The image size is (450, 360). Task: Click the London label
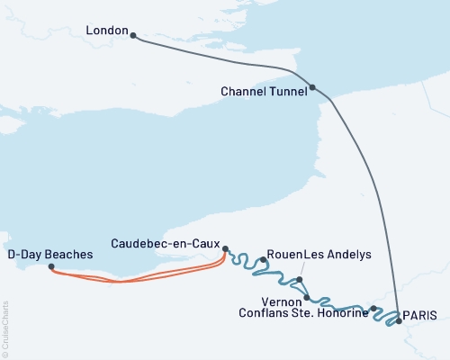tap(106, 31)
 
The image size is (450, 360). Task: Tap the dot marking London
tap(133, 36)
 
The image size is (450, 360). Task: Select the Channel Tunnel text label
tap(262, 92)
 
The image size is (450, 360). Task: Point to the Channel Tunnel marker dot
tap(312, 87)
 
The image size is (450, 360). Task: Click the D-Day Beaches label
tap(49, 255)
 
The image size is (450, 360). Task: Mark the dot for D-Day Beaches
tap(50, 266)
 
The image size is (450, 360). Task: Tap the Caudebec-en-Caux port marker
tap(225, 249)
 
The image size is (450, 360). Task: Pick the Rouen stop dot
tap(262, 260)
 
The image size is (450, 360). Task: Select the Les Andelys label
tap(337, 255)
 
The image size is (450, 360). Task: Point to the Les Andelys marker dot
tap(300, 279)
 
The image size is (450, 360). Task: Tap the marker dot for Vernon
tap(307, 297)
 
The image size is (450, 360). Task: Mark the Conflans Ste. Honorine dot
tap(373, 309)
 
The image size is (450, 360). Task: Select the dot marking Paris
tap(398, 319)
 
